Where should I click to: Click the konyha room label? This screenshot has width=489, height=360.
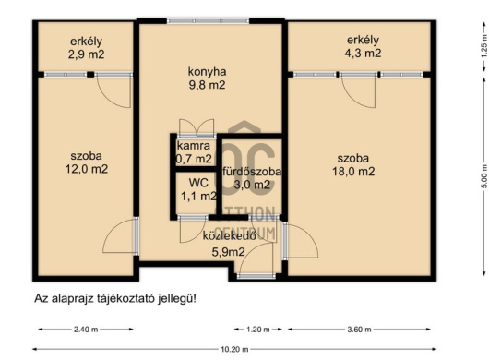click(x=207, y=72)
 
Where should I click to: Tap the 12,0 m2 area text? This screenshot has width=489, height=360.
click(x=87, y=169)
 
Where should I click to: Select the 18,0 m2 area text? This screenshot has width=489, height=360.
click(x=353, y=172)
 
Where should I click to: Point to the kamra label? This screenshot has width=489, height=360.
click(x=194, y=145)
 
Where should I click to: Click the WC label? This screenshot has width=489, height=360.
click(x=198, y=183)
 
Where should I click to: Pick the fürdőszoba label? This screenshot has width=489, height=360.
click(x=252, y=172)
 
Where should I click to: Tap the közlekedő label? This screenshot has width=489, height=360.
click(x=230, y=235)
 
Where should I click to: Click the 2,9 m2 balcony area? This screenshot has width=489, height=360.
click(x=86, y=54)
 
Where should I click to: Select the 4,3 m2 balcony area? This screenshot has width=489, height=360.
click(x=363, y=53)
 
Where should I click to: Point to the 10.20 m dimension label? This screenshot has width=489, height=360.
click(x=234, y=350)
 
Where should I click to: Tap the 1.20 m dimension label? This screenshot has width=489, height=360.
click(x=258, y=330)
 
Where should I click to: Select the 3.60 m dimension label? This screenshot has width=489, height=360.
click(x=359, y=330)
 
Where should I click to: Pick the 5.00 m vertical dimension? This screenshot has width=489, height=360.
click(x=484, y=176)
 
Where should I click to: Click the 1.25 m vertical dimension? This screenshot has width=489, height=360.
click(x=484, y=46)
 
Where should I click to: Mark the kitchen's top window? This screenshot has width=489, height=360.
click(x=208, y=21)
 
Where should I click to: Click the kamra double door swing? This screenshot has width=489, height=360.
click(x=197, y=127)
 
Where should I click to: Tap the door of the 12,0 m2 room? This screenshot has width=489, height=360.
click(x=121, y=235)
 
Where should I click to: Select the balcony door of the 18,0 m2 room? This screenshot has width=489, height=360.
click(x=358, y=91)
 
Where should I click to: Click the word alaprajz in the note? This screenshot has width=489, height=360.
click(x=72, y=298)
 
